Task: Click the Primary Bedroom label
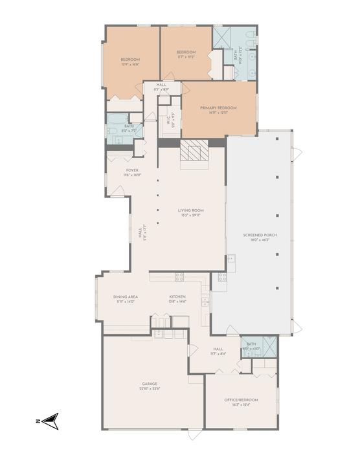point(218,107)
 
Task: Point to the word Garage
point(150,384)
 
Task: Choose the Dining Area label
point(125,296)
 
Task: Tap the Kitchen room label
point(177,296)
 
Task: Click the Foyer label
point(131,170)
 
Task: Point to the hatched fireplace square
point(192,151)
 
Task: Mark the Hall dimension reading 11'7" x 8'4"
point(218,353)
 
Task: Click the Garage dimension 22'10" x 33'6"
point(150,389)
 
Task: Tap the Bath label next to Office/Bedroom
point(251,344)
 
